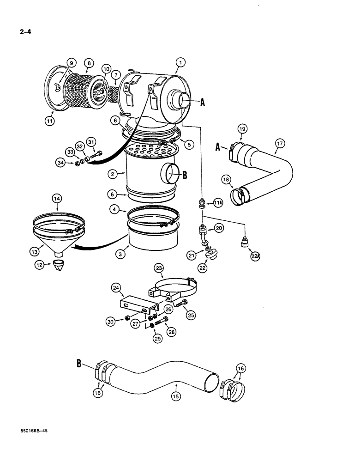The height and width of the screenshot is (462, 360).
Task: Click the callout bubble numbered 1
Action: (x=180, y=62)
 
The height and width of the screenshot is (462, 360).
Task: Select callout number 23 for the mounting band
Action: (x=159, y=269)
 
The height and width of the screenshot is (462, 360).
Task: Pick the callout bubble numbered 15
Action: (x=175, y=396)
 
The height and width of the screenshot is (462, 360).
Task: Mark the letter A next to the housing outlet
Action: (x=202, y=104)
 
